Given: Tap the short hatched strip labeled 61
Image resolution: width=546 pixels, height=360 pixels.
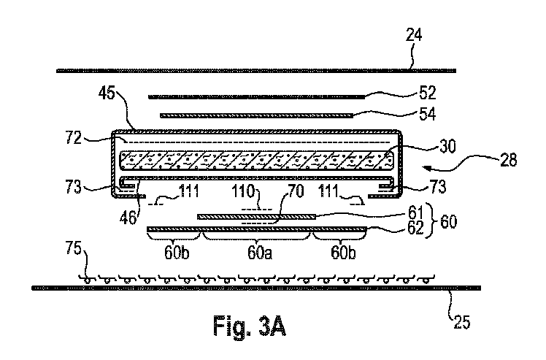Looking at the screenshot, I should pyautogui.click(x=255, y=216).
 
